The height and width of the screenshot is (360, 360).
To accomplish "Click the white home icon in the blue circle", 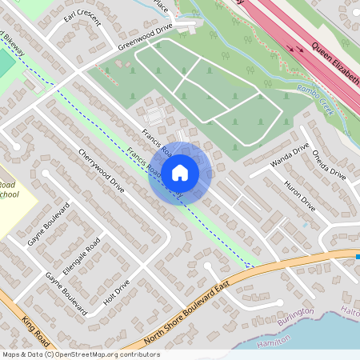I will [x=180, y=171].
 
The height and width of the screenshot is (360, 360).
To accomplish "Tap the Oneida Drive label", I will [x=329, y=164].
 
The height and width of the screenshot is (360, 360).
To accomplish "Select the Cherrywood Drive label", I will [x=101, y=171].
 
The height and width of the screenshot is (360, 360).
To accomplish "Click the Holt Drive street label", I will [x=116, y=294].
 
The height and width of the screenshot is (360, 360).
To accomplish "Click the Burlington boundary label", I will [x=295, y=313].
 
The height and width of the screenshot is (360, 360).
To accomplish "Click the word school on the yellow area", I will [x=10, y=194].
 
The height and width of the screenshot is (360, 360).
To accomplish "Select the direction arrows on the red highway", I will [x=301, y=47].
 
